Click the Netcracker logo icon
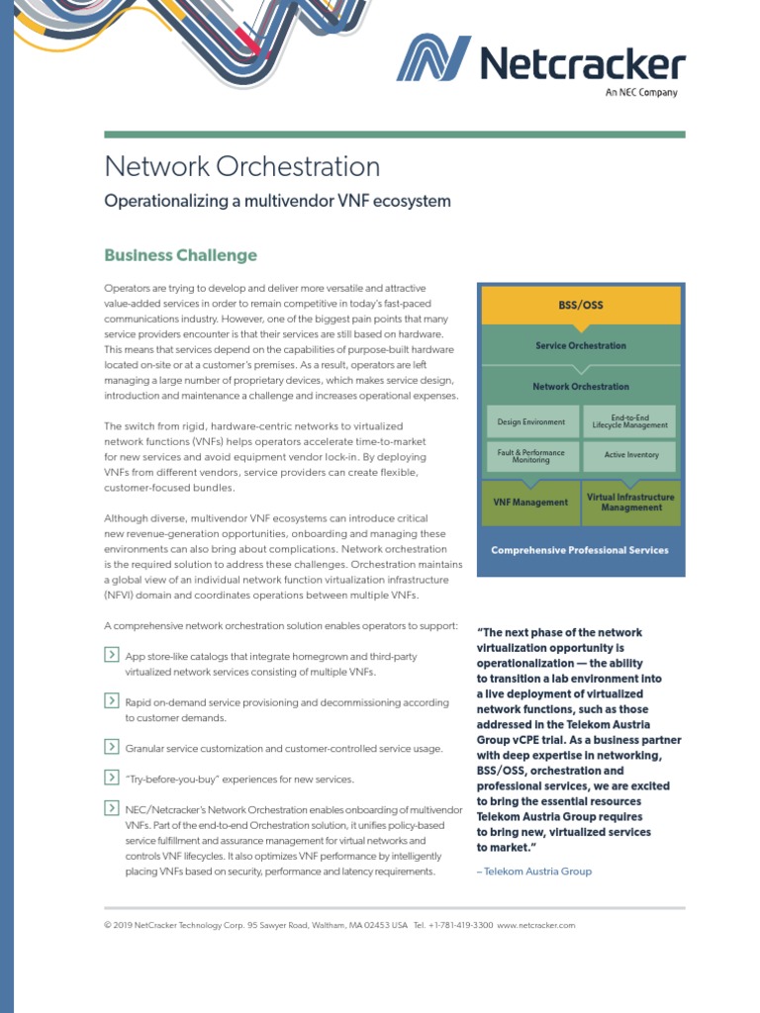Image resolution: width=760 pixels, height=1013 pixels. coord(433,59)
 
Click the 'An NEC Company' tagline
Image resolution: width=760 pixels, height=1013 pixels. coord(641,93)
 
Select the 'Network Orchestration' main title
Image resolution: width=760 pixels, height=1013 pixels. coord(242,165)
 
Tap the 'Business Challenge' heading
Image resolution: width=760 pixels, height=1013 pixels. coord(181,255)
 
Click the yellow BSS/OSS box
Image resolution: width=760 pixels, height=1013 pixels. coord(581,305)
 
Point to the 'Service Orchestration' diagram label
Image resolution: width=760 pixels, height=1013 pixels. coord(581,346)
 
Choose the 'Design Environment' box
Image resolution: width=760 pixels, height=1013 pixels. coord(531,421)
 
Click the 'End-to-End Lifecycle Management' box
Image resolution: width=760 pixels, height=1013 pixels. coord(629,421)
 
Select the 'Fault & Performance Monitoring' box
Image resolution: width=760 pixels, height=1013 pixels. coord(531,456)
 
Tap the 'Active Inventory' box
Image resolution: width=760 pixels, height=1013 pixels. coord(629,456)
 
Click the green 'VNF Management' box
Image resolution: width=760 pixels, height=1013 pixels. coord(530,503)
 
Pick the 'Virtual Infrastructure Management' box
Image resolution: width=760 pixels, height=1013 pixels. coord(630,503)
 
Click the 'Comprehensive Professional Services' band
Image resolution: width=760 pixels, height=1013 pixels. coord(581,550)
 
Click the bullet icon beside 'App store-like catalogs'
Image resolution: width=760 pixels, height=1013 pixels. coord(111,654)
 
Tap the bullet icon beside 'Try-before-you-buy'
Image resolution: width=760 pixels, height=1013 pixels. coord(111,778)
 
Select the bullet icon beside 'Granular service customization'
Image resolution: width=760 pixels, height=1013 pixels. coord(111,747)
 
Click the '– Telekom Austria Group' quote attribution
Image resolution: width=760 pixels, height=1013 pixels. coord(534,872)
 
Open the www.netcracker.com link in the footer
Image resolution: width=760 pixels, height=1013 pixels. coord(536,926)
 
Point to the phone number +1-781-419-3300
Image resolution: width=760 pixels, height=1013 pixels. coord(460,926)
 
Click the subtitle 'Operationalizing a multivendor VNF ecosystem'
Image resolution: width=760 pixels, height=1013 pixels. coord(278,202)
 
